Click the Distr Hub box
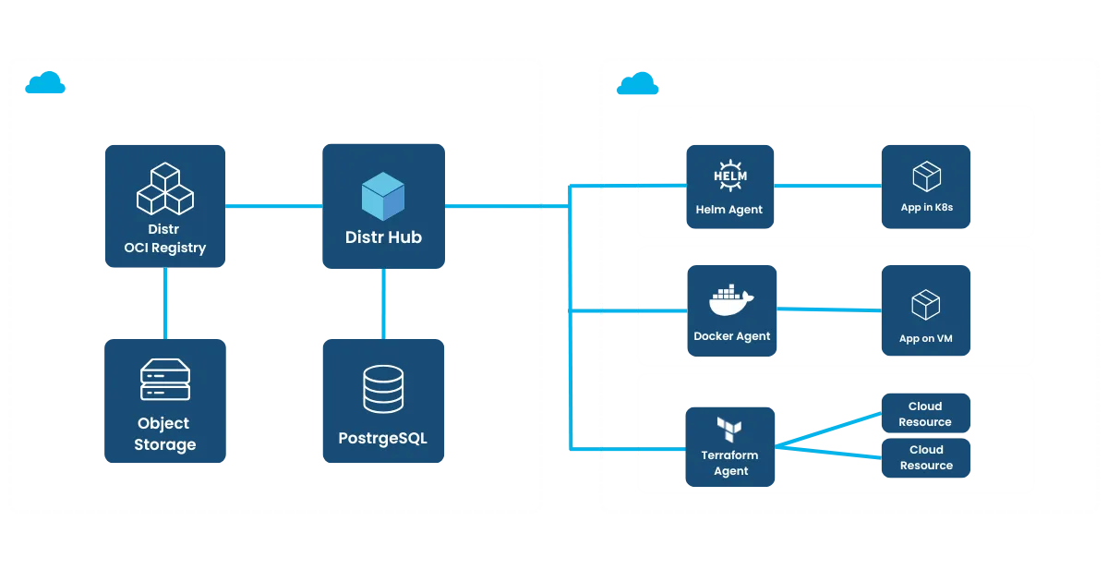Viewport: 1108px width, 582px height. click(x=384, y=206)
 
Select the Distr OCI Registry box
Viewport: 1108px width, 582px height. click(x=165, y=206)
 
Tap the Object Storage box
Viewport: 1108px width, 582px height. click(x=165, y=401)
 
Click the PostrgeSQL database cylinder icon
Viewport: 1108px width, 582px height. click(x=383, y=388)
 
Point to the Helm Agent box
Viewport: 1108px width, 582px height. click(x=729, y=187)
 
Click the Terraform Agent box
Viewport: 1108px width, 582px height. click(x=729, y=447)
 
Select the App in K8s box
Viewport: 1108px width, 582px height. click(x=926, y=187)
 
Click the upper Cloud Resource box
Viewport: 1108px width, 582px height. click(x=925, y=414)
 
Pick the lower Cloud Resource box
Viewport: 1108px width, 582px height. click(x=925, y=457)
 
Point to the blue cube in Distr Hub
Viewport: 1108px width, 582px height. click(x=383, y=195)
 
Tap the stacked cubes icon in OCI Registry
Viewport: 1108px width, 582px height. click(x=165, y=188)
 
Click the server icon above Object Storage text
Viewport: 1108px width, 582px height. click(x=165, y=380)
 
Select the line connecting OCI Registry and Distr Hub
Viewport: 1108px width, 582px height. click(x=273, y=206)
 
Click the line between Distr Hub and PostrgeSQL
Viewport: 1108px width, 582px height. click(x=383, y=304)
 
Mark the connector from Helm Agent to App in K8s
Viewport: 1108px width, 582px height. click(x=826, y=187)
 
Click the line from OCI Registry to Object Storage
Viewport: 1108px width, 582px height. click(x=165, y=304)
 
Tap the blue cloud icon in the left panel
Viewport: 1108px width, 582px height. click(x=45, y=84)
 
